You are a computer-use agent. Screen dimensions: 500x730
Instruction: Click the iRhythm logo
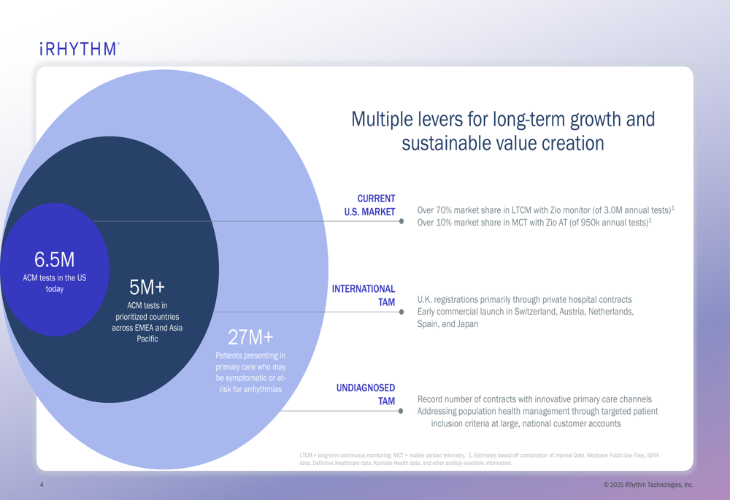79,50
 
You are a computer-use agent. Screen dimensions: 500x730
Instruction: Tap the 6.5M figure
54,260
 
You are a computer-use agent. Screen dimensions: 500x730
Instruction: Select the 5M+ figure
147,288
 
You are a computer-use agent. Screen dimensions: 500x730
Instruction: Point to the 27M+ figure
250,337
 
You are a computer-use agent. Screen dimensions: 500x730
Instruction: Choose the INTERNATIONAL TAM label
364,296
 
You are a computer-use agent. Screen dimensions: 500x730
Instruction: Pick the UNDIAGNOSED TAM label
366,394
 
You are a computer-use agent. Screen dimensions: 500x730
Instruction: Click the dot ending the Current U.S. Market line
401,221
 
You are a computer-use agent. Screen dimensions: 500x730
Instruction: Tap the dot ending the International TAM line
401,312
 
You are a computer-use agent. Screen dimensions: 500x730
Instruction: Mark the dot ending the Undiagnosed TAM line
401,411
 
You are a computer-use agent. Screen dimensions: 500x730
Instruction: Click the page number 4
42,485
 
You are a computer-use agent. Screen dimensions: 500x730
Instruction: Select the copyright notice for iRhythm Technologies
648,485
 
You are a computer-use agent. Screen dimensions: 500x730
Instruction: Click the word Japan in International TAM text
467,324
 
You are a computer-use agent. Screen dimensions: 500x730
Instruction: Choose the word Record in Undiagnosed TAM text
431,399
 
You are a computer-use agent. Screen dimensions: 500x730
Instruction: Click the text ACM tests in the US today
54,283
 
